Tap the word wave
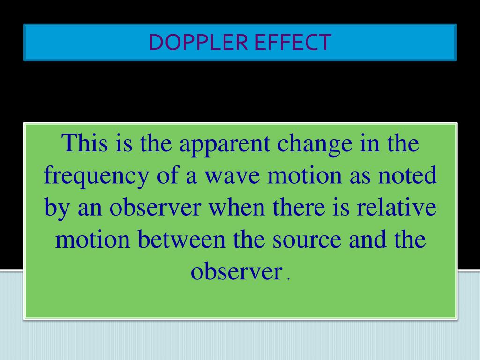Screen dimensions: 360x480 tap(222, 176)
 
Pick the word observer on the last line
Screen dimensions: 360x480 tap(235, 272)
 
